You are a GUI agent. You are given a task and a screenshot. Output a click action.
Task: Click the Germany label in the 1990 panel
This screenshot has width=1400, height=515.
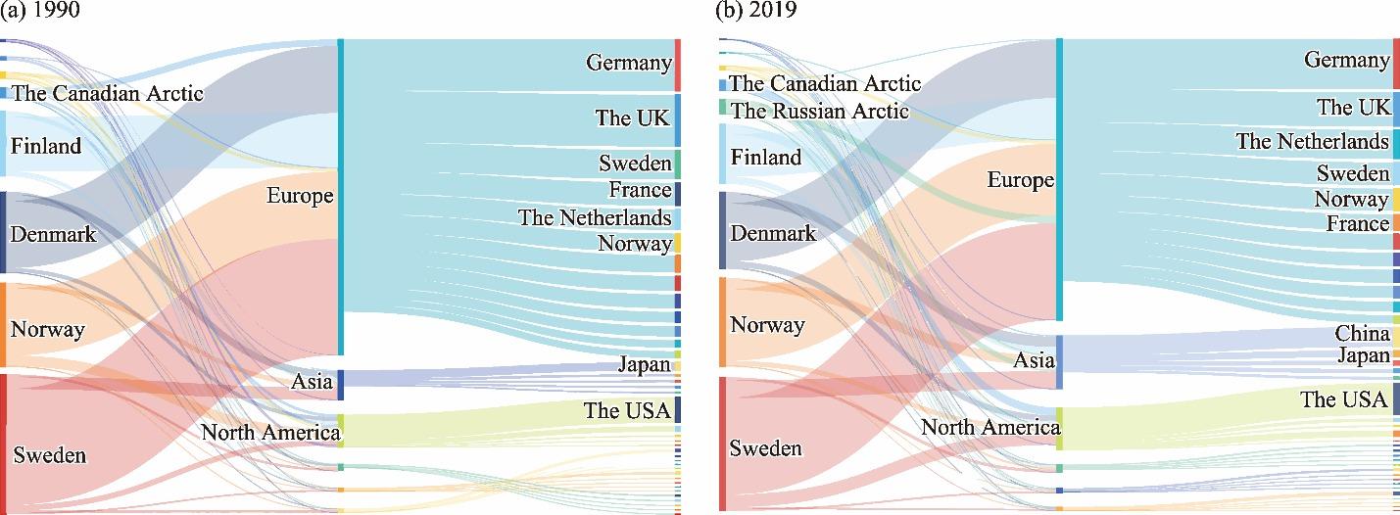point(628,63)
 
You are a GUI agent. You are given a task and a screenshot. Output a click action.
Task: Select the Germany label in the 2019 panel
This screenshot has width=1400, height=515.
point(1346,61)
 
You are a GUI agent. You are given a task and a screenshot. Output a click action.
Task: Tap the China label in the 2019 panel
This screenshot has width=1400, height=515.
point(1362,334)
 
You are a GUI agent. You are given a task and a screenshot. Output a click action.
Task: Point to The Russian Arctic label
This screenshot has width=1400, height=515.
point(820,111)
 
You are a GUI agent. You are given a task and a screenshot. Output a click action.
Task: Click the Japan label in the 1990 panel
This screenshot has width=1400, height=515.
point(644,365)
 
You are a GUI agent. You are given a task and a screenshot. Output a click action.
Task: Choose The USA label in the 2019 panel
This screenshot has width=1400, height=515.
point(1343,399)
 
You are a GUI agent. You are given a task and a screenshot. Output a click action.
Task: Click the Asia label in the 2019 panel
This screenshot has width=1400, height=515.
point(1034,360)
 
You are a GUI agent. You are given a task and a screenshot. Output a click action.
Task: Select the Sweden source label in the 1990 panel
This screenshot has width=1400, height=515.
point(48,455)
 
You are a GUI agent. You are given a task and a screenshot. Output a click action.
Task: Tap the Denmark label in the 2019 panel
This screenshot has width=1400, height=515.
point(773,234)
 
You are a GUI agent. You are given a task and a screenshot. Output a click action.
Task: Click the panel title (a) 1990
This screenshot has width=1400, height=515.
point(30,10)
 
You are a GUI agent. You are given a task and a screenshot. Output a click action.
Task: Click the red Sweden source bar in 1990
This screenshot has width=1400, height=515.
point(3,441)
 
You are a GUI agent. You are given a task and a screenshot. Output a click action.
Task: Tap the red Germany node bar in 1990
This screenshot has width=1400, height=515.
point(677,65)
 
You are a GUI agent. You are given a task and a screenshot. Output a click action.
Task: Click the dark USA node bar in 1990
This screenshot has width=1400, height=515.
point(677,409)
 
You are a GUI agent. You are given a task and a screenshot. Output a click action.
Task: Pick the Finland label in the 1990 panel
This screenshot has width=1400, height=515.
point(45,147)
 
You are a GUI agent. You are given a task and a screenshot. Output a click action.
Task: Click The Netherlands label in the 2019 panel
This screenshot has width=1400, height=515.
point(1312,141)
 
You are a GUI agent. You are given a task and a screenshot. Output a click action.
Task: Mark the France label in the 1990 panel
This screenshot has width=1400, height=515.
point(640,190)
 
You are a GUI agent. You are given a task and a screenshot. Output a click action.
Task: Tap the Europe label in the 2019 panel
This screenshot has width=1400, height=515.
point(1021,180)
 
